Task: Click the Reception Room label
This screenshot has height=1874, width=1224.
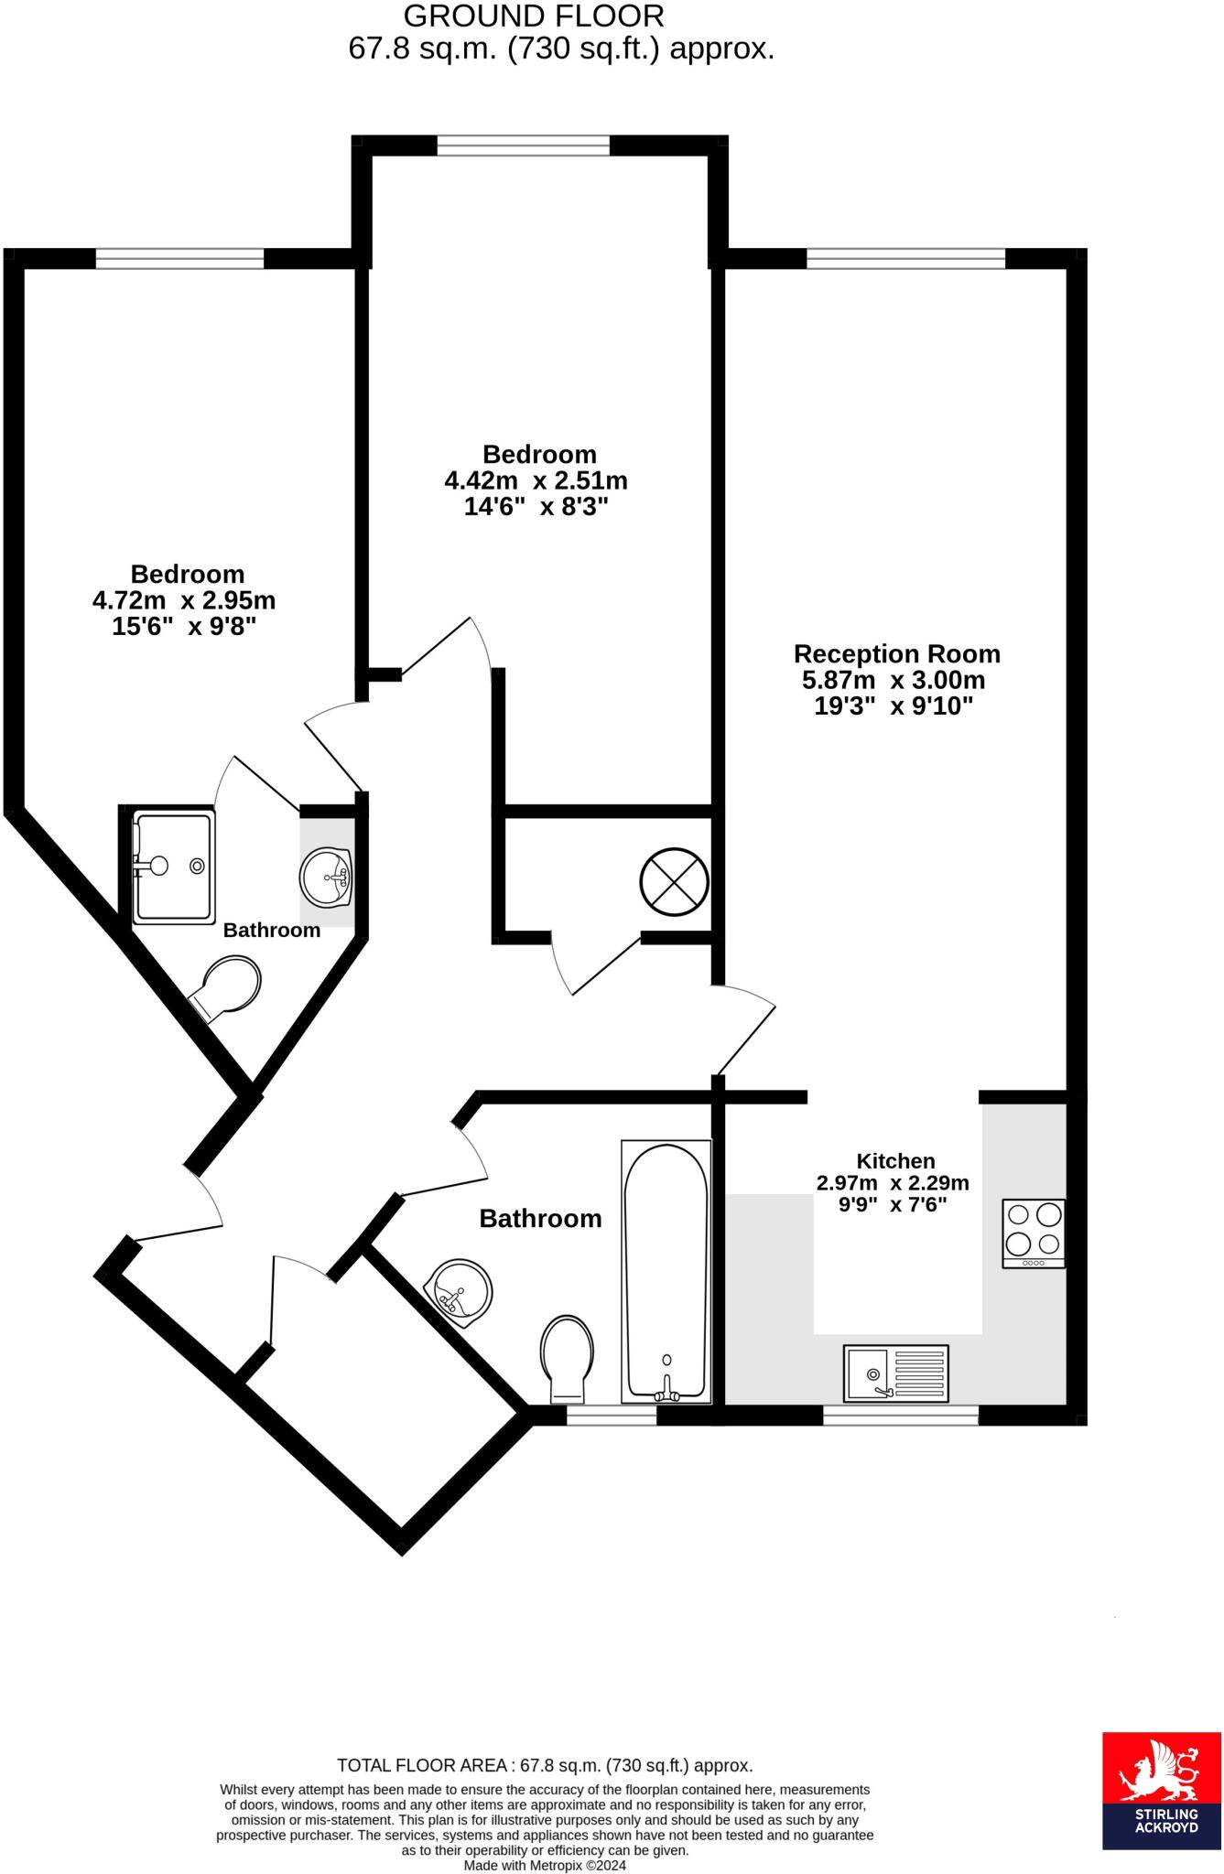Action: click(x=896, y=654)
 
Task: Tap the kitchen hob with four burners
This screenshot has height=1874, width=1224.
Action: click(x=1034, y=1233)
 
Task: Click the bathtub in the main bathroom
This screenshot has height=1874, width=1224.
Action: click(x=666, y=1271)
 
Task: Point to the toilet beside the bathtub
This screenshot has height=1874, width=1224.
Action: click(x=567, y=1359)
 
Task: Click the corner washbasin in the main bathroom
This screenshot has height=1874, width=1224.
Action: click(x=461, y=1293)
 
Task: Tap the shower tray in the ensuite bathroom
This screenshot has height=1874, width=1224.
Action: click(x=172, y=866)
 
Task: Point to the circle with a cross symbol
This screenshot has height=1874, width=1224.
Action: click(x=674, y=881)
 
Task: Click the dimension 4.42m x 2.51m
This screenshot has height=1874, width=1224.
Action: click(x=536, y=480)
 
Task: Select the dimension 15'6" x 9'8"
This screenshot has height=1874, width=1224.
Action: click(x=183, y=627)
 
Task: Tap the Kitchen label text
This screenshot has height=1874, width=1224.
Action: click(x=894, y=1160)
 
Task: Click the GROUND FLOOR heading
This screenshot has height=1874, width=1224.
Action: click(x=534, y=16)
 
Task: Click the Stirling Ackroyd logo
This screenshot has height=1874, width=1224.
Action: click(x=1161, y=1791)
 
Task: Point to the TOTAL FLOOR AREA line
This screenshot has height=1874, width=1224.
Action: click(x=545, y=1765)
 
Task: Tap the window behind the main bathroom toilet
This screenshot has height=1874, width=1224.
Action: click(x=611, y=1416)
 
